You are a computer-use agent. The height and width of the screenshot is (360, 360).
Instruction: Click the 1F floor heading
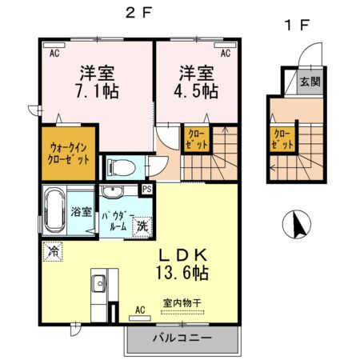tap(296, 24)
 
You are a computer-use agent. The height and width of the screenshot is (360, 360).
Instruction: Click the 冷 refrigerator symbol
tap(54, 251)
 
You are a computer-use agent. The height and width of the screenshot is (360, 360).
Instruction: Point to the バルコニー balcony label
tap(182, 338)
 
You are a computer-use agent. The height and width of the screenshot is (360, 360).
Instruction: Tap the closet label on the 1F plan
tap(282, 140)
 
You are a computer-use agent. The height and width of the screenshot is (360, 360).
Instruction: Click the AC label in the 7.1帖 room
tap(55, 54)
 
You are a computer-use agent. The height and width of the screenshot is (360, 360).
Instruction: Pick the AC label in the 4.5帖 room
tap(226, 54)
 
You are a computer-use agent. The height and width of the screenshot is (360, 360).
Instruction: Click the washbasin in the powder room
tap(112, 191)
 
